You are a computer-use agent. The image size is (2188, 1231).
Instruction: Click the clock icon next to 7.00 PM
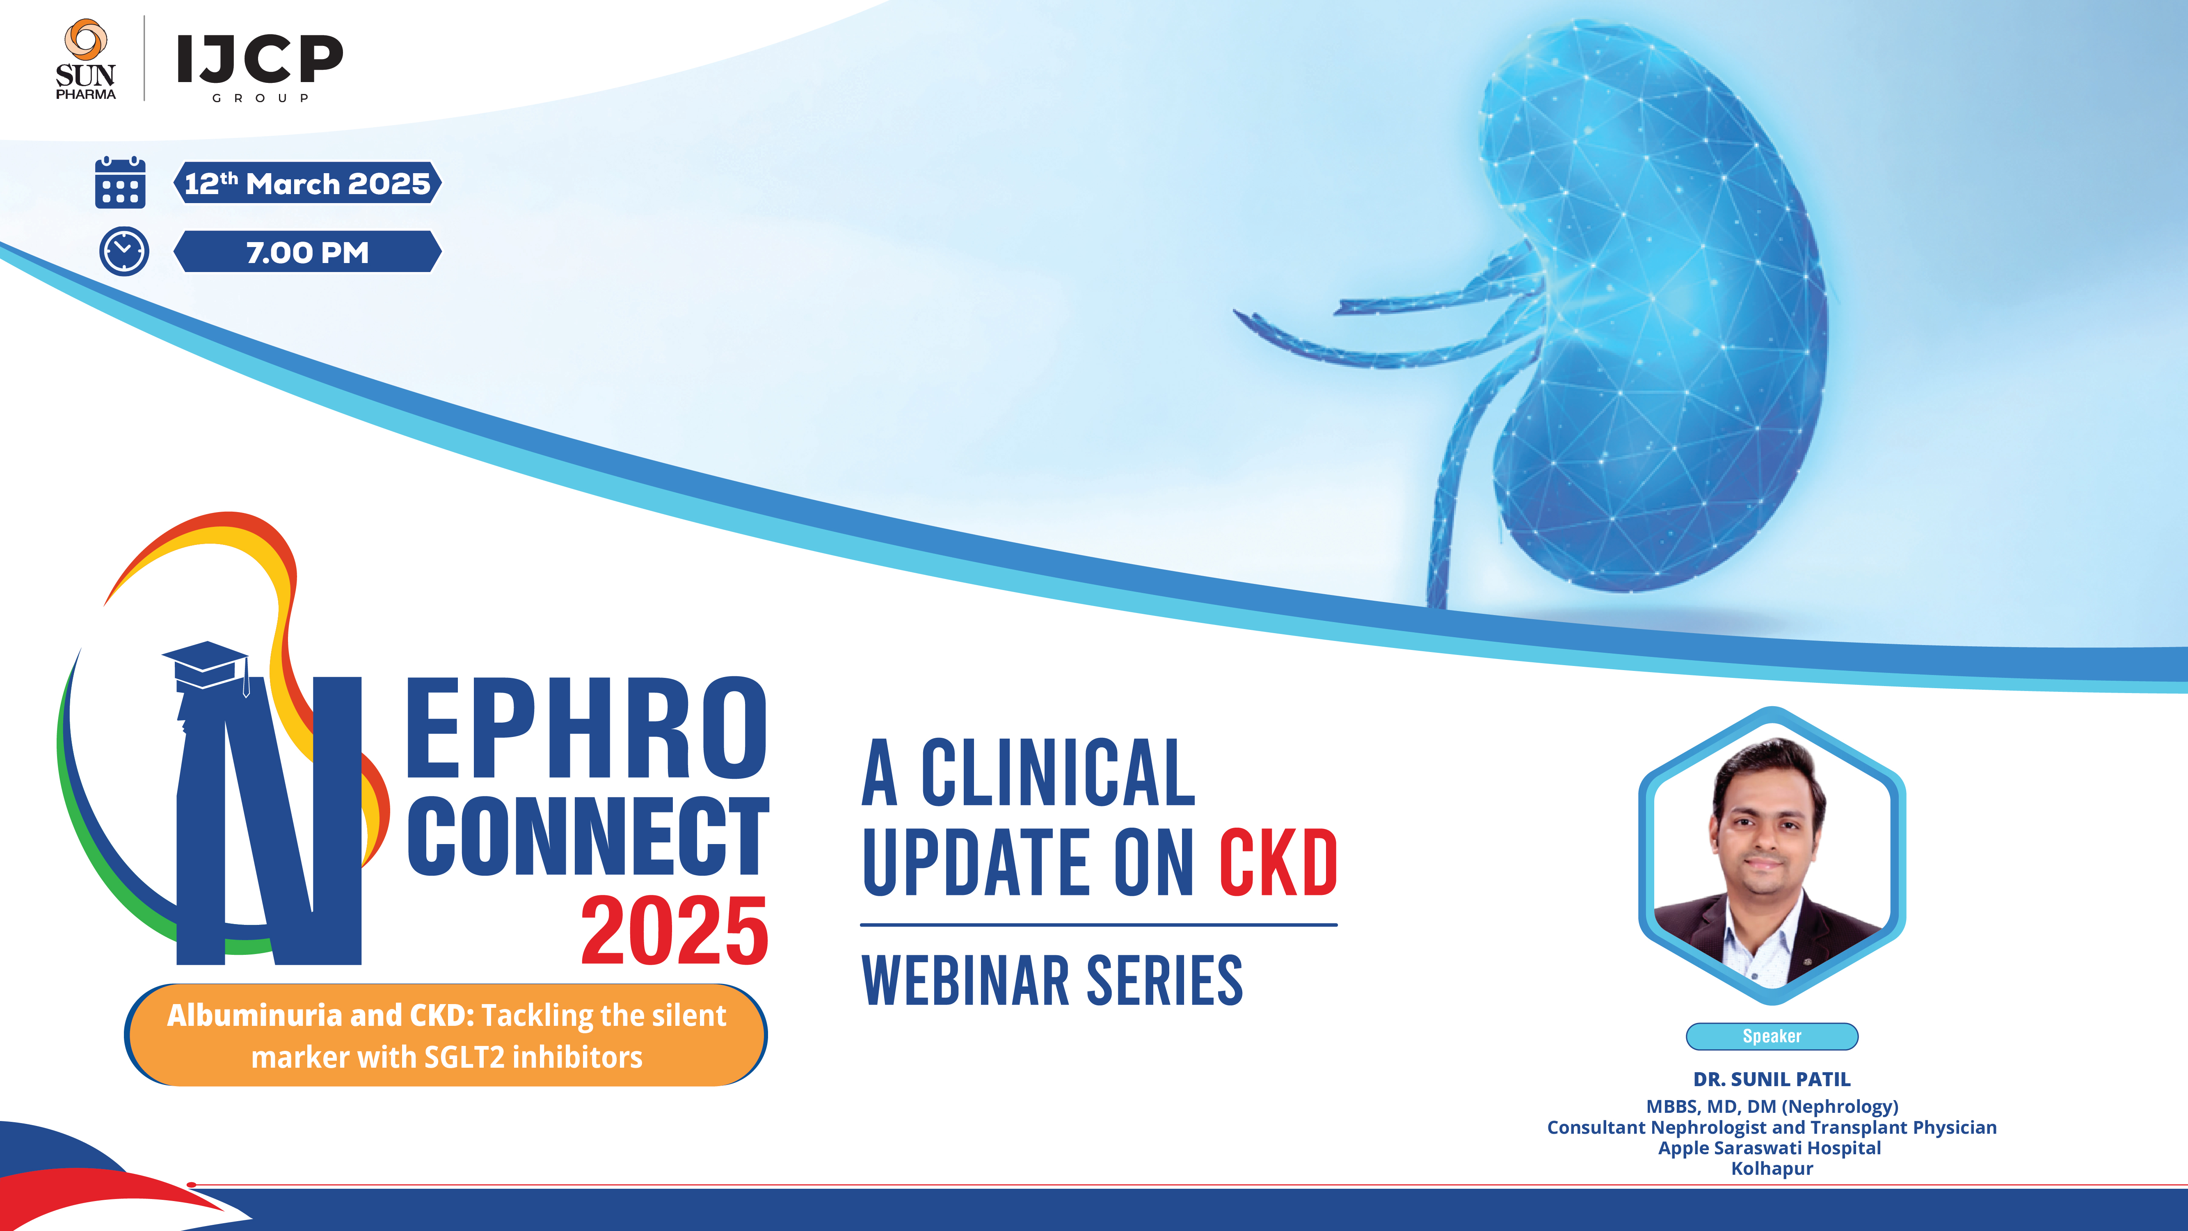click(124, 252)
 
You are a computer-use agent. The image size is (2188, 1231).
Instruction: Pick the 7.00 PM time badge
click(307, 252)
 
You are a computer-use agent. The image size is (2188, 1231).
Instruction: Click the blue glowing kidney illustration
click(1639, 323)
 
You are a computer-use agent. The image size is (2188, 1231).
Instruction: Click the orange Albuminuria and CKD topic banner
click(446, 1036)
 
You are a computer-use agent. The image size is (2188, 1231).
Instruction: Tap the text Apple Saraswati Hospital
click(1770, 1148)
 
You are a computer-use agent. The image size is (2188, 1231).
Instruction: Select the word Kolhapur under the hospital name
click(1772, 1169)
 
